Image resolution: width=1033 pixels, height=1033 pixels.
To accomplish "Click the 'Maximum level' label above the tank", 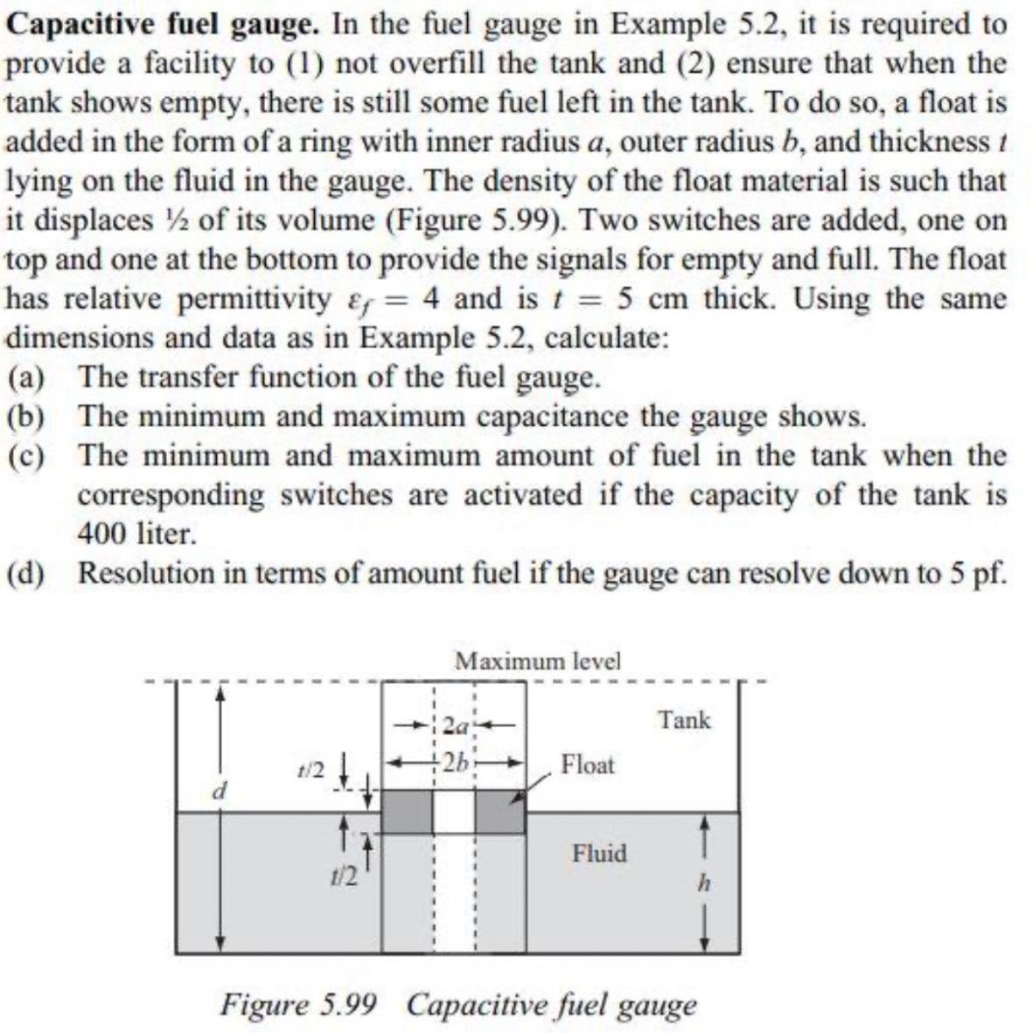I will point(537,660).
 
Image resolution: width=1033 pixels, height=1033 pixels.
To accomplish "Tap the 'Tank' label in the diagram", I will point(685,721).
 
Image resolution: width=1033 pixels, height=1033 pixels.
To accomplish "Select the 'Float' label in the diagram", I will point(588,764).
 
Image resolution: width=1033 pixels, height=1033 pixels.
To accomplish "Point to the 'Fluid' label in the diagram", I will point(599,853).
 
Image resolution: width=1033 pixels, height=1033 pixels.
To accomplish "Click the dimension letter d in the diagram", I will point(221,791).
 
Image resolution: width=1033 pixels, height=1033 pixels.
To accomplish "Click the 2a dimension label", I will point(455,725).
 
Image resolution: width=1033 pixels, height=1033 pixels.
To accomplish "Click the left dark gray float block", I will point(407,812).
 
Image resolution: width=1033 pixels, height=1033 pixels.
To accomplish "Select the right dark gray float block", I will point(500,812).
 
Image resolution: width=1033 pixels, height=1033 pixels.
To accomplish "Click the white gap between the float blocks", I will point(454,812).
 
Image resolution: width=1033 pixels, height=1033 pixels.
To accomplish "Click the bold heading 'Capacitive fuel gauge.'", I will point(163,24).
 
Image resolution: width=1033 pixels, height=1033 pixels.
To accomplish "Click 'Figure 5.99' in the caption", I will point(299,1003).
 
